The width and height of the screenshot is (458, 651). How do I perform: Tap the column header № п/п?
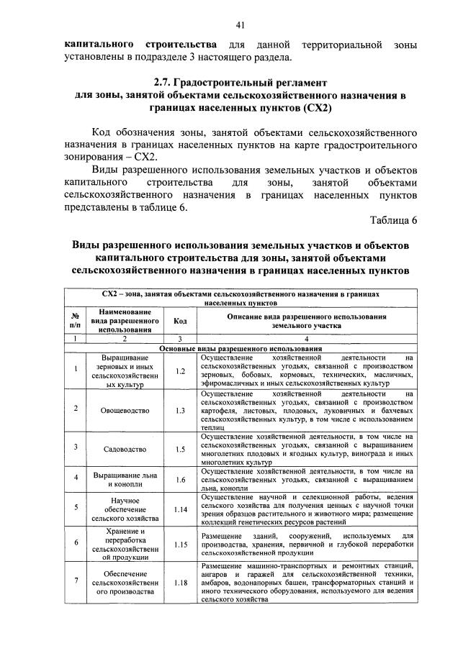pos(75,321)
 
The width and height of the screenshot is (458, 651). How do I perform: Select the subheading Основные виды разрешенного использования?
pos(241,348)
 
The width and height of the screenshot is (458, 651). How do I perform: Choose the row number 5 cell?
pos(75,509)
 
